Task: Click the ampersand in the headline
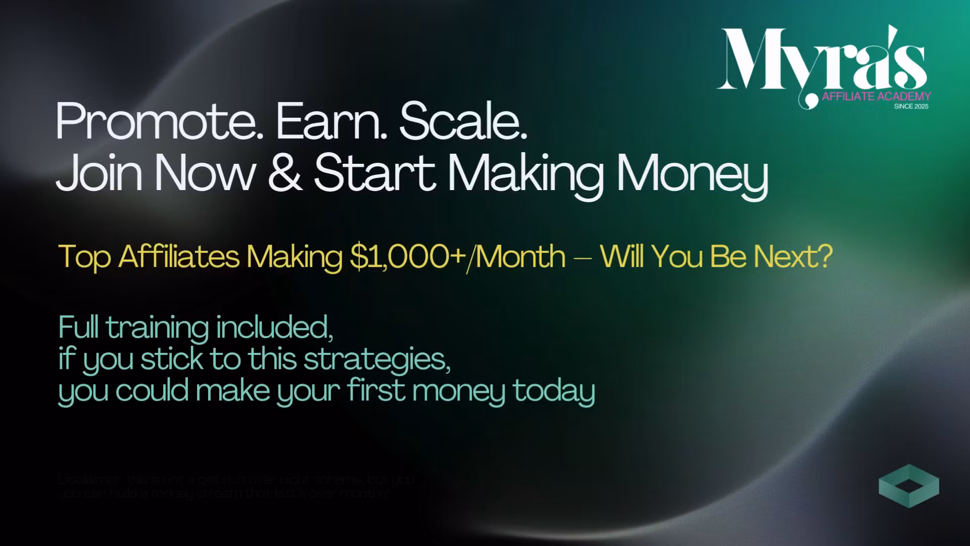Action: [284, 173]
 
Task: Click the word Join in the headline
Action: [99, 173]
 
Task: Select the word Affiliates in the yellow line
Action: [179, 256]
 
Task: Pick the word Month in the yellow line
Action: [520, 256]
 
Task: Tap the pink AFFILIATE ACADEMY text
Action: [876, 96]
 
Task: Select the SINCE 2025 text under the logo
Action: [911, 107]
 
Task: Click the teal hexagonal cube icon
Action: [908, 486]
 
